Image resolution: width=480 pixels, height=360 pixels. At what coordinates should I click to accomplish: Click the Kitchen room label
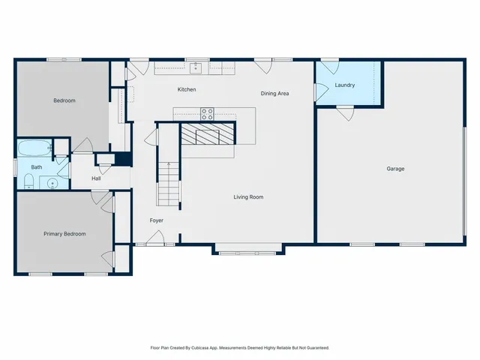click(187, 89)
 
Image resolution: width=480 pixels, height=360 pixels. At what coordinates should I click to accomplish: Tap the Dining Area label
click(274, 94)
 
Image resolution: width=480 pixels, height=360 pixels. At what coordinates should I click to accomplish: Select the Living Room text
click(248, 197)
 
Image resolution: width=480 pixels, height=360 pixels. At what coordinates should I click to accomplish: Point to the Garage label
click(395, 169)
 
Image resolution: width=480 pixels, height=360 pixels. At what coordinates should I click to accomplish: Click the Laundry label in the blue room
click(345, 85)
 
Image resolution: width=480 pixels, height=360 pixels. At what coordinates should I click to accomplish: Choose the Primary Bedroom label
click(64, 234)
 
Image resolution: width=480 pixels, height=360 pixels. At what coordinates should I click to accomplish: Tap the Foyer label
click(156, 220)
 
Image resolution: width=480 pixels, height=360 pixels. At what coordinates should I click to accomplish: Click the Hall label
click(96, 178)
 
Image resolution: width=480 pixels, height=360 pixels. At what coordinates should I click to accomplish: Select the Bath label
click(37, 167)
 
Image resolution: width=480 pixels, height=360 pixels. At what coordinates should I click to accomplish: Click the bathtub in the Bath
click(34, 148)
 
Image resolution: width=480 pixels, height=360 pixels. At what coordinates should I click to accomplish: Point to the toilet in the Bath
click(28, 181)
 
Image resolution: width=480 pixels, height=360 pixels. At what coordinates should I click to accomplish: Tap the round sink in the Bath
click(53, 182)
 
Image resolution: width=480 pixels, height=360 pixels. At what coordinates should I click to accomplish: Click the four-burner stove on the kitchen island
click(207, 114)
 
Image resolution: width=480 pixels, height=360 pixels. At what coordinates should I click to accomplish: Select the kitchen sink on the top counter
click(197, 67)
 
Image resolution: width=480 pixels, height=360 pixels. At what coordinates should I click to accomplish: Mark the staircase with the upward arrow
click(169, 183)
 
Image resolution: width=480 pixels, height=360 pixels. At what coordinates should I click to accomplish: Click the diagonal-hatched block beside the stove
click(207, 135)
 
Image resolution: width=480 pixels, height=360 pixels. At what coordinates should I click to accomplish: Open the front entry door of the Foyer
click(156, 239)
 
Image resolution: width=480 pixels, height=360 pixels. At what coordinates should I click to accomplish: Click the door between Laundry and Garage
click(345, 112)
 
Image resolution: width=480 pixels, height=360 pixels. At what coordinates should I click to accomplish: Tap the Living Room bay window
click(249, 252)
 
